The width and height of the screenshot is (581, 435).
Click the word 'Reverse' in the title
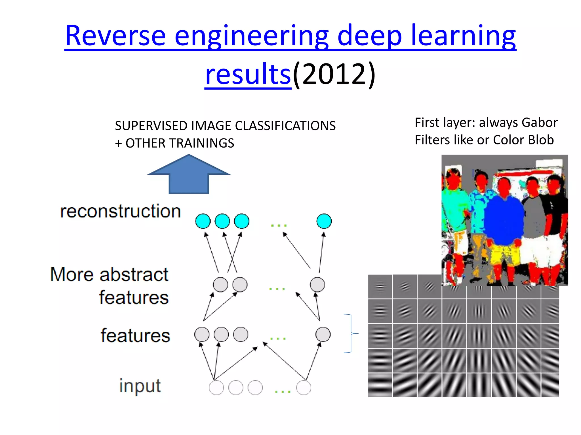coord(115,36)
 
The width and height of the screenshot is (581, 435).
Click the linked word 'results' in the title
coord(248,74)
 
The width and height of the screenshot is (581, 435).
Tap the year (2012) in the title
coord(334,74)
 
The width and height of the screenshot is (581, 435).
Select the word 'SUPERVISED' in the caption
coord(151,126)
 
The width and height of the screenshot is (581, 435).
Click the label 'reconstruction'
coord(120,211)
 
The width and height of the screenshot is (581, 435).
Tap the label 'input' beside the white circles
coord(140,386)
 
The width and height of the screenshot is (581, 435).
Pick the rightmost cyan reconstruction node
coord(324,221)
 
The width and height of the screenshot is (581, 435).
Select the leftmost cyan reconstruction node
coord(203,221)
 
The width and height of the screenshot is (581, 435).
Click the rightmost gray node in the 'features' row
coord(323,334)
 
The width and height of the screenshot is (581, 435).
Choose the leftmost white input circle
coord(216,387)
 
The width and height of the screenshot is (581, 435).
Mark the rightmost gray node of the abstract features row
coord(317,285)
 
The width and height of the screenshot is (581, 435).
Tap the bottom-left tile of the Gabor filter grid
coord(380,385)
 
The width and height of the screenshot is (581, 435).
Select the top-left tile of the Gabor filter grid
coord(380,287)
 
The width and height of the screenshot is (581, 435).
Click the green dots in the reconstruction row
coord(279,225)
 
